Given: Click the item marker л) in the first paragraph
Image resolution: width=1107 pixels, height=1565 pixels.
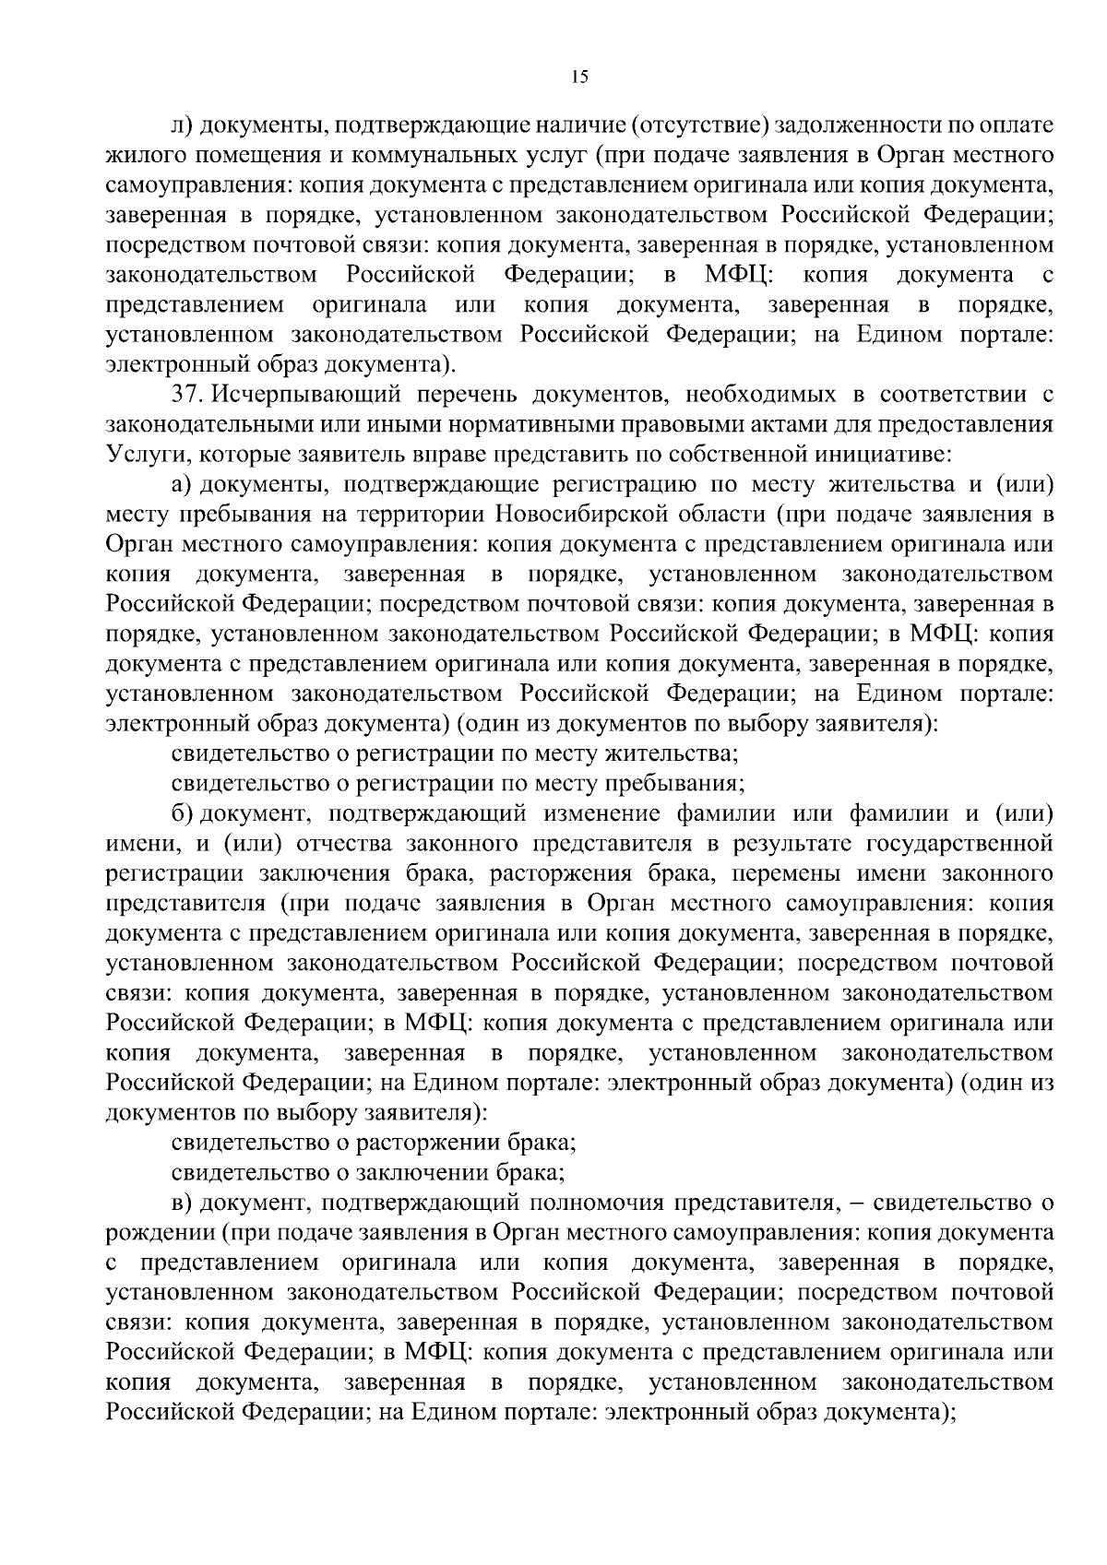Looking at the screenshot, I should click(182, 124).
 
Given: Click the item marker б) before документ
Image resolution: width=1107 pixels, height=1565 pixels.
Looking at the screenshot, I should click(183, 814).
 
